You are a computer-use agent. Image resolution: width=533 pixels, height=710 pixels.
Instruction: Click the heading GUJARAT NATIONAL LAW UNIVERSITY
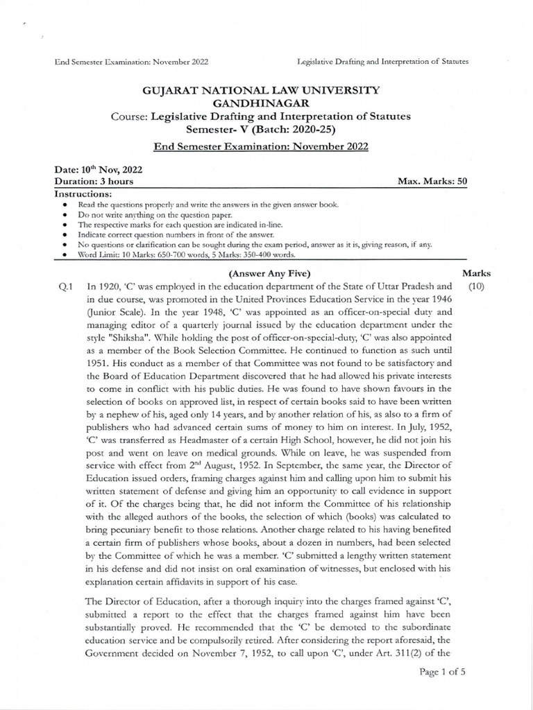261,90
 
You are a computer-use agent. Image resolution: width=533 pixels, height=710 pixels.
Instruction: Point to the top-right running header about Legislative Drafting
382,61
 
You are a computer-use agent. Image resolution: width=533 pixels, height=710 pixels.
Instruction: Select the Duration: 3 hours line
94,181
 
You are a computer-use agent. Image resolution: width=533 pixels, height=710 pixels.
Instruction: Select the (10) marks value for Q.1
476,286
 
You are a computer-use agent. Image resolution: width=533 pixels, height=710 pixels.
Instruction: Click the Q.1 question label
66,286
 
